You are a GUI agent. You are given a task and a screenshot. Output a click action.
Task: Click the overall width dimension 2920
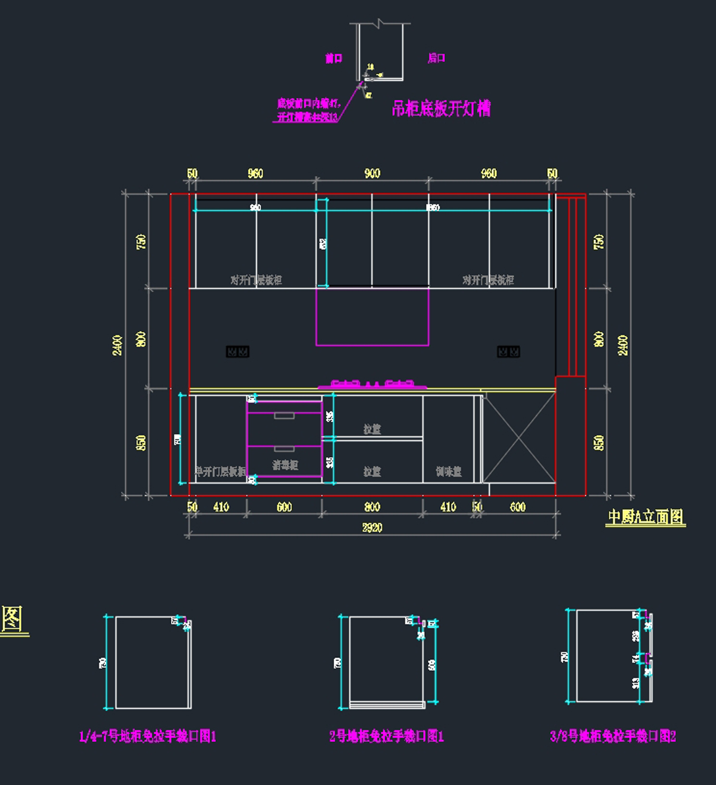coord(372,528)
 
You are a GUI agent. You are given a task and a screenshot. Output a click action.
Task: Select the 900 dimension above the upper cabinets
coord(372,174)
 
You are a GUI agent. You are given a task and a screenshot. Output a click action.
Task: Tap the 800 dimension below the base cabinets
coord(372,507)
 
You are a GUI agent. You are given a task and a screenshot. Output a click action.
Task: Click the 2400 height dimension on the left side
coord(118,345)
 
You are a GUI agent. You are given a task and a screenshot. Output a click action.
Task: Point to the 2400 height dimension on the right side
coord(622,345)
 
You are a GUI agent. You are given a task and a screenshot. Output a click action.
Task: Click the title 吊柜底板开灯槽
coord(441,109)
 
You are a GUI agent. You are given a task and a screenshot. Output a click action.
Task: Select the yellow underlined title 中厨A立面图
coord(646,517)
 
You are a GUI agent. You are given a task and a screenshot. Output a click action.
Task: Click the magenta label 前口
coord(334,58)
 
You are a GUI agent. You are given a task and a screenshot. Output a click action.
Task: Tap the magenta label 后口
coord(436,58)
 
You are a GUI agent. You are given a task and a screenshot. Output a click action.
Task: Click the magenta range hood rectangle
coord(372,316)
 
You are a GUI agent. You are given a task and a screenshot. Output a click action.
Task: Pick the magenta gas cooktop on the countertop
coord(372,384)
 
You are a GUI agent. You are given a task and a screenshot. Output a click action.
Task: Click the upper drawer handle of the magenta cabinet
coord(284,416)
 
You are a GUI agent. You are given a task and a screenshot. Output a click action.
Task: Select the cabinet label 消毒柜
coord(285,464)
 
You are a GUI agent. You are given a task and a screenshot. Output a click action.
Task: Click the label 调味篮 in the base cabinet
coord(449,472)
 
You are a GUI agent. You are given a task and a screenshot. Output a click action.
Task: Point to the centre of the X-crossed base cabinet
coord(519,437)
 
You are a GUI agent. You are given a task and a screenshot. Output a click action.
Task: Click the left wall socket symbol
coord(237,352)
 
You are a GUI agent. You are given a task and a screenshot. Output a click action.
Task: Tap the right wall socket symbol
coord(508,352)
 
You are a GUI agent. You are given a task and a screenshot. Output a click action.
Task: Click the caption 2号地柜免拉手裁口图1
coord(387,736)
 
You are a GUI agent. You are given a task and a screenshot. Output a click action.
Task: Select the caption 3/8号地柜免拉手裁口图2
coord(613,736)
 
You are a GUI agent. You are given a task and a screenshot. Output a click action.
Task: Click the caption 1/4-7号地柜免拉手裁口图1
coord(148,736)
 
